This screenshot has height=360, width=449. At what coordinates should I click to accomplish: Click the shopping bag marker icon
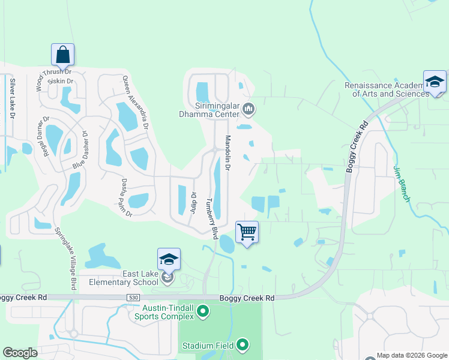(63, 55)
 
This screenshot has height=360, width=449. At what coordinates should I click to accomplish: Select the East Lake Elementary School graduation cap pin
(169, 260)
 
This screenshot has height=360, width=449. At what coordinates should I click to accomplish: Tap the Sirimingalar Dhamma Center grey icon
(249, 109)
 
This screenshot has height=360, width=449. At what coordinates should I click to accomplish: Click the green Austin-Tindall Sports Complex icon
(203, 311)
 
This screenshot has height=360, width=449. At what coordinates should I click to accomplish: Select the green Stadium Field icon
(243, 344)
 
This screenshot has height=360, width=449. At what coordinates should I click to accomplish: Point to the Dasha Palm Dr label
(125, 196)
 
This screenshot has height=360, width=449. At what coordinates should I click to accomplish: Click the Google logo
(20, 353)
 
